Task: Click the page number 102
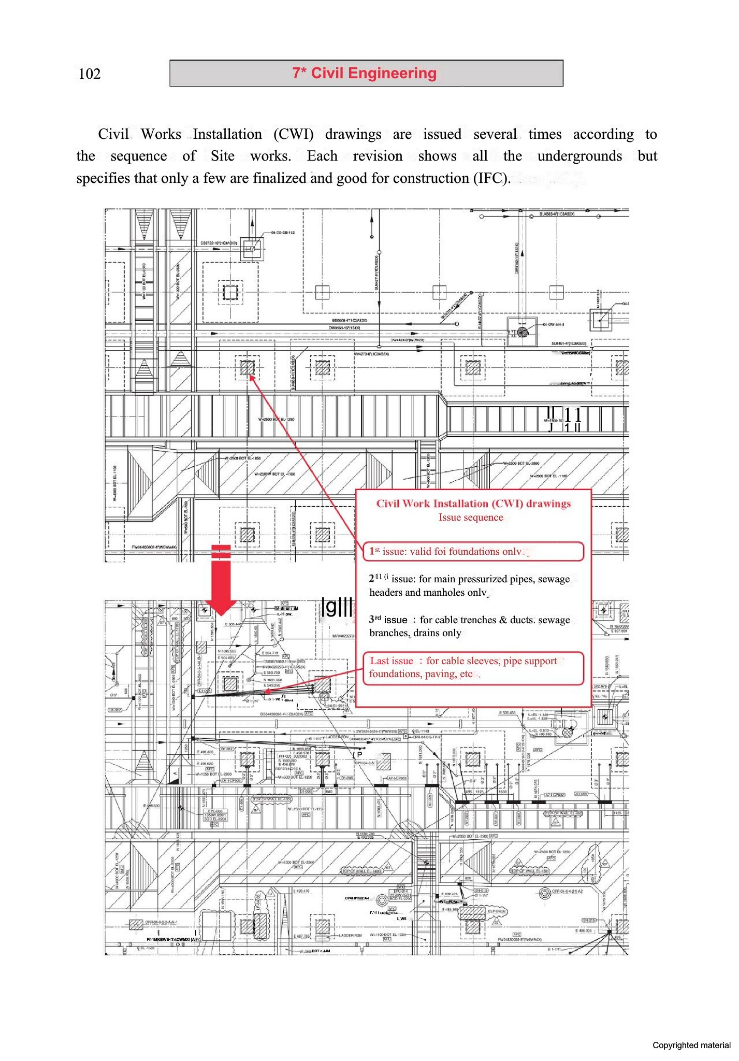(89, 74)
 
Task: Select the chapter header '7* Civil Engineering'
(365, 73)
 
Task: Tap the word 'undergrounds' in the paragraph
(579, 156)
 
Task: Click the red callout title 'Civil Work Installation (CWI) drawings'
(473, 504)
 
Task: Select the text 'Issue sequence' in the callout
(471, 518)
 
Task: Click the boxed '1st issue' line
(473, 551)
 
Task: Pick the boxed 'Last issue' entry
(473, 667)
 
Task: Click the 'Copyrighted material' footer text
(691, 1045)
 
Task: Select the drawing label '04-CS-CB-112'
(283, 233)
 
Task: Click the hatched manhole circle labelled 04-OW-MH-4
(523, 333)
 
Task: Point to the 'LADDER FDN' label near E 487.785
(350, 935)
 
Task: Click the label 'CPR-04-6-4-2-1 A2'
(567, 891)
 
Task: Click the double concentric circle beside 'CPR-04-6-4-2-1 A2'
(544, 893)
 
